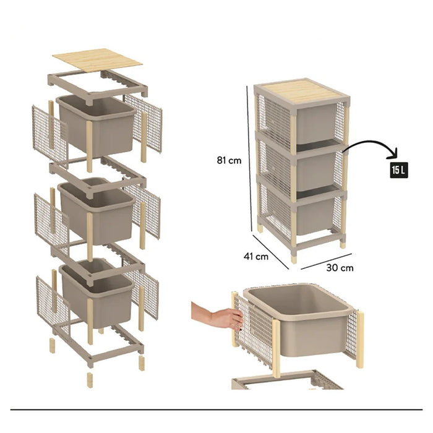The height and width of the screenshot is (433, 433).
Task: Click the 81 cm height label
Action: click(229, 160)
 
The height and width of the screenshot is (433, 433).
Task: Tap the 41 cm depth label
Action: click(256, 257)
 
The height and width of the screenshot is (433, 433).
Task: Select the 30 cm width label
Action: click(340, 268)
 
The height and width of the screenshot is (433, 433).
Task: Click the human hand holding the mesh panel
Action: click(217, 316)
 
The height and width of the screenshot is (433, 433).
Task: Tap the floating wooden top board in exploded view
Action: click(97, 61)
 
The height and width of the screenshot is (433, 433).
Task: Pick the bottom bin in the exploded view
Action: click(96, 291)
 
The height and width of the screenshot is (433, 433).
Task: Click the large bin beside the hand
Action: click(298, 319)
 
